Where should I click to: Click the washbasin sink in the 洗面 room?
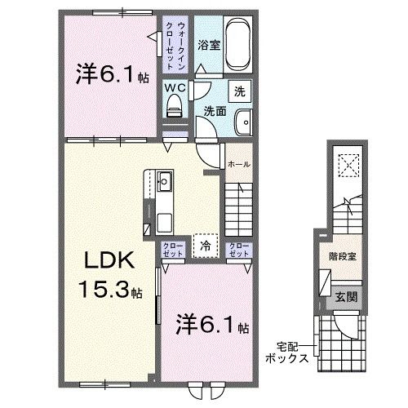[242, 123]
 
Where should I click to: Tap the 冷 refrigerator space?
[206, 244]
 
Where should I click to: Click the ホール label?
[238, 164]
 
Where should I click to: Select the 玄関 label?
[342, 299]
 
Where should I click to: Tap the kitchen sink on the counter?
[162, 180]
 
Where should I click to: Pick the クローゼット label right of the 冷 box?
[238, 250]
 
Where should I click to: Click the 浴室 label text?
[210, 45]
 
